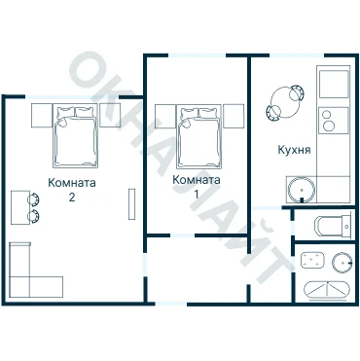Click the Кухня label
tap(294, 150)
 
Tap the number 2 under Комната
tap(72, 197)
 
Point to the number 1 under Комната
tap(197, 194)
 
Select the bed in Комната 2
tap(76, 136)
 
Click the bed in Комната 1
tap(199, 136)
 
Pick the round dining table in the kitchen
tap(285, 102)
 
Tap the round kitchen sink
tap(302, 190)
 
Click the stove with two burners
tap(334, 120)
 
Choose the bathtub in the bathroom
tap(327, 289)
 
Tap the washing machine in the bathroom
tap(312, 260)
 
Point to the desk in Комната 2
tap(20, 207)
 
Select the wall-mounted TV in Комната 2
tap(131, 203)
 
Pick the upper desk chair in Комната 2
tap(34, 199)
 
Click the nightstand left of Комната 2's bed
tap(42, 116)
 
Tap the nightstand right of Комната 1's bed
tap(234, 116)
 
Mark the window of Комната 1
tap(198, 55)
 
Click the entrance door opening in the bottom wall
tap(171, 304)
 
